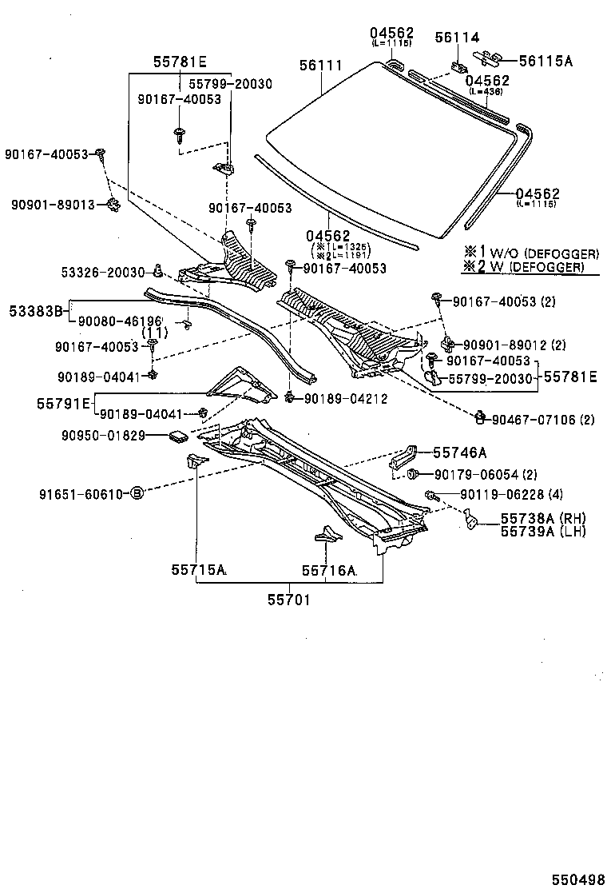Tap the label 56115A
[x=546, y=60]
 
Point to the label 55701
[x=288, y=598]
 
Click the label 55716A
[x=328, y=571]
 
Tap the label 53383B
[x=35, y=309]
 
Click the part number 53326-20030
[x=102, y=273]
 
